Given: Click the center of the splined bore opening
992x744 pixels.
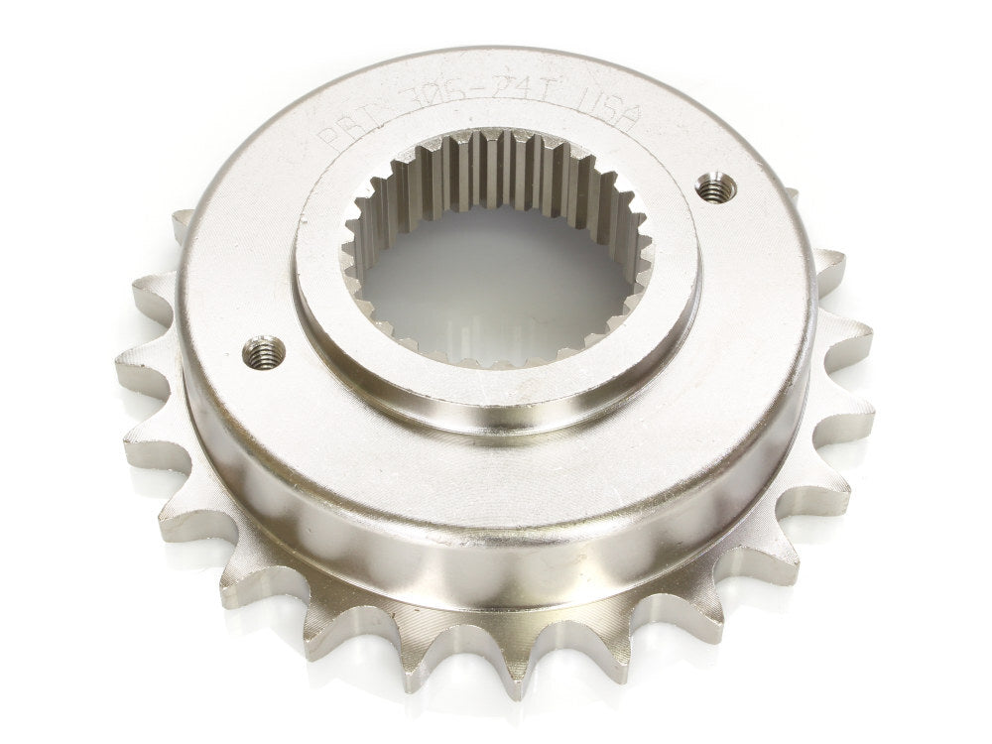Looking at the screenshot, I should coord(501,268).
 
